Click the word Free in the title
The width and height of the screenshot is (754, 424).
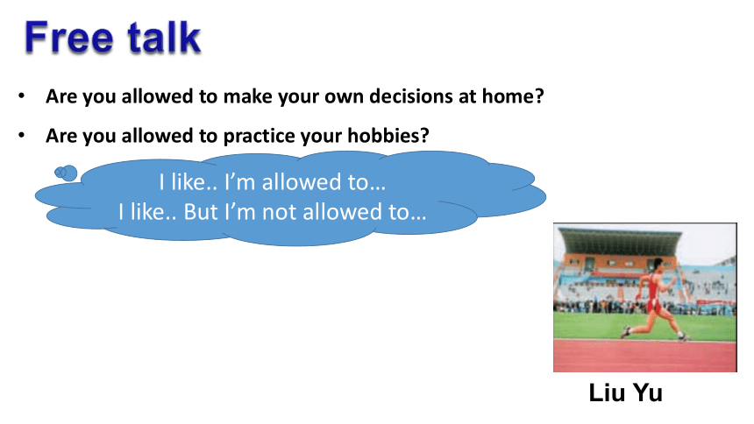68,37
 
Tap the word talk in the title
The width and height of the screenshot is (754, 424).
164,37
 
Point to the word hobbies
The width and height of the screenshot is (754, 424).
388,136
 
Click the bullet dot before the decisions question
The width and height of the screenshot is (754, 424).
22,95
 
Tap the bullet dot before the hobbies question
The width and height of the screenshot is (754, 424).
22,136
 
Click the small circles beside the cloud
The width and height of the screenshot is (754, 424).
66,173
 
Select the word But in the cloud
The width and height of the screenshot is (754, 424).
201,212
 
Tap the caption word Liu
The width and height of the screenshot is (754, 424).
607,392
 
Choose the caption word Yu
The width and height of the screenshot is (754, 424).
648,392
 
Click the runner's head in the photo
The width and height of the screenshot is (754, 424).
658,264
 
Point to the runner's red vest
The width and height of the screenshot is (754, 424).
654,286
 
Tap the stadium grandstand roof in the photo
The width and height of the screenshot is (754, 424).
621,236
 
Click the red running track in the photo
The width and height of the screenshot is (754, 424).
644,356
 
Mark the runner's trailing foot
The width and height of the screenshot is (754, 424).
624,332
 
